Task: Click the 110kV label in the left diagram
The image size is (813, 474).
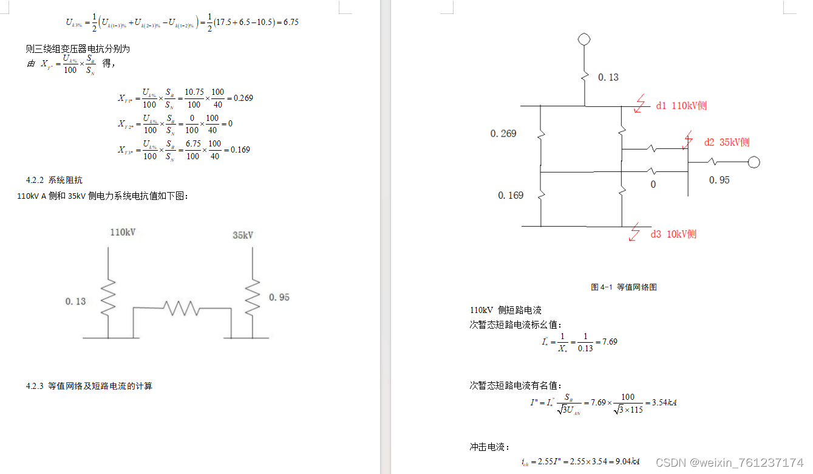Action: [123, 232]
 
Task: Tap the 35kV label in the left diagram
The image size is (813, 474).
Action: [243, 235]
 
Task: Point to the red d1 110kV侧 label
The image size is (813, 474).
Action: [681, 106]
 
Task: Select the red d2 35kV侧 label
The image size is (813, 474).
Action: [726, 142]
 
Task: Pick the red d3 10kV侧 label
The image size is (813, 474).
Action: [673, 235]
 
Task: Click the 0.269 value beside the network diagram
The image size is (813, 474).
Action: [503, 134]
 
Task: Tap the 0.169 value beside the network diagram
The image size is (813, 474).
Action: [511, 196]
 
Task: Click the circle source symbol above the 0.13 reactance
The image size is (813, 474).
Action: [584, 39]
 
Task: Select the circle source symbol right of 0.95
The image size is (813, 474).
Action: [753, 162]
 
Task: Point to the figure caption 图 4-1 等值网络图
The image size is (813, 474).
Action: [624, 287]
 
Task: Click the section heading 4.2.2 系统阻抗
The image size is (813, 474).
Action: [54, 180]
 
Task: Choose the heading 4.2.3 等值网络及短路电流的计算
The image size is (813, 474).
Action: [89, 386]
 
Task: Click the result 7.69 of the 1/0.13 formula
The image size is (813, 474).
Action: [609, 342]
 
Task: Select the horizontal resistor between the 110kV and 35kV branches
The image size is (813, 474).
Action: [182, 308]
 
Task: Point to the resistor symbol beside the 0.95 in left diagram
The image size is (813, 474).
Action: [253, 297]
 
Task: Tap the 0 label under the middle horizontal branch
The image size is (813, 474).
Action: [653, 184]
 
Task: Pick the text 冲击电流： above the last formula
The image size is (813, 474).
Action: [486, 447]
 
